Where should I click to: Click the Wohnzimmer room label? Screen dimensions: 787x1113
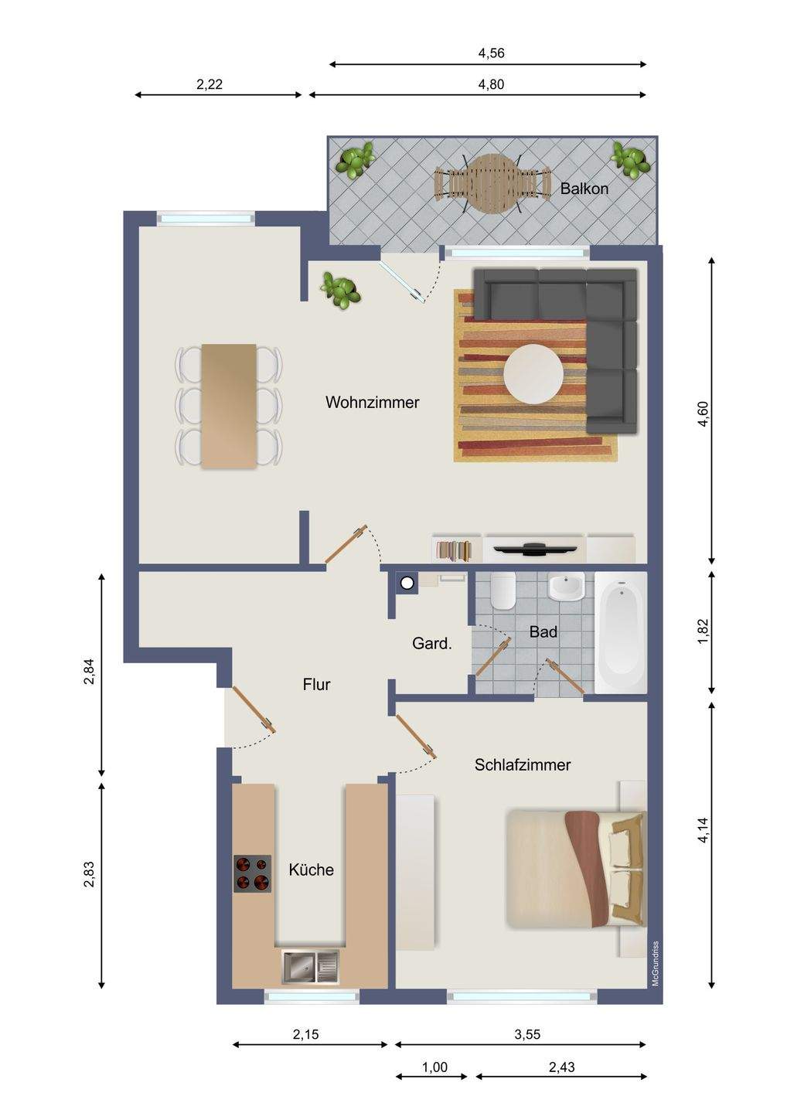click(372, 402)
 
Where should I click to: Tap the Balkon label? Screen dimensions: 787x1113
click(584, 189)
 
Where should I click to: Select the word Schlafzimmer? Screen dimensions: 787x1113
click(522, 764)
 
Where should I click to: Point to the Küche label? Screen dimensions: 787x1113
click(311, 870)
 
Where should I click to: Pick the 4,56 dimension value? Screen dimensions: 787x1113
click(491, 53)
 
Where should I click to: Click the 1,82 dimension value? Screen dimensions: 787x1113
click(703, 632)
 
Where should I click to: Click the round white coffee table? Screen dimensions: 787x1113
click(533, 374)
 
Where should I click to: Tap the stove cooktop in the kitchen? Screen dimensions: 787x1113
click(252, 873)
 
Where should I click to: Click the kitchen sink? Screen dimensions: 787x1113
click(310, 966)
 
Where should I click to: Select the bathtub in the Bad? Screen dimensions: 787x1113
click(621, 632)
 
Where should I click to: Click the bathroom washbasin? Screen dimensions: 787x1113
click(566, 586)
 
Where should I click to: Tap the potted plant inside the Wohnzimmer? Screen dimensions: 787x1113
click(340, 290)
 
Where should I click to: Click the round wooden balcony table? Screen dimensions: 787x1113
click(493, 183)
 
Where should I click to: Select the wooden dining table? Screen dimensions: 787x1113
click(229, 406)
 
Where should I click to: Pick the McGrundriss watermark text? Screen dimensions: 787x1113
click(656, 963)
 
